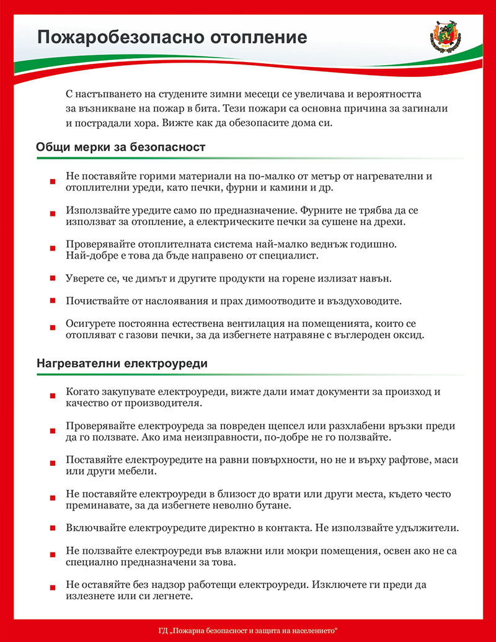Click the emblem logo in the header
point(444,37)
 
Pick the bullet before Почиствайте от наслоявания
point(53,302)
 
